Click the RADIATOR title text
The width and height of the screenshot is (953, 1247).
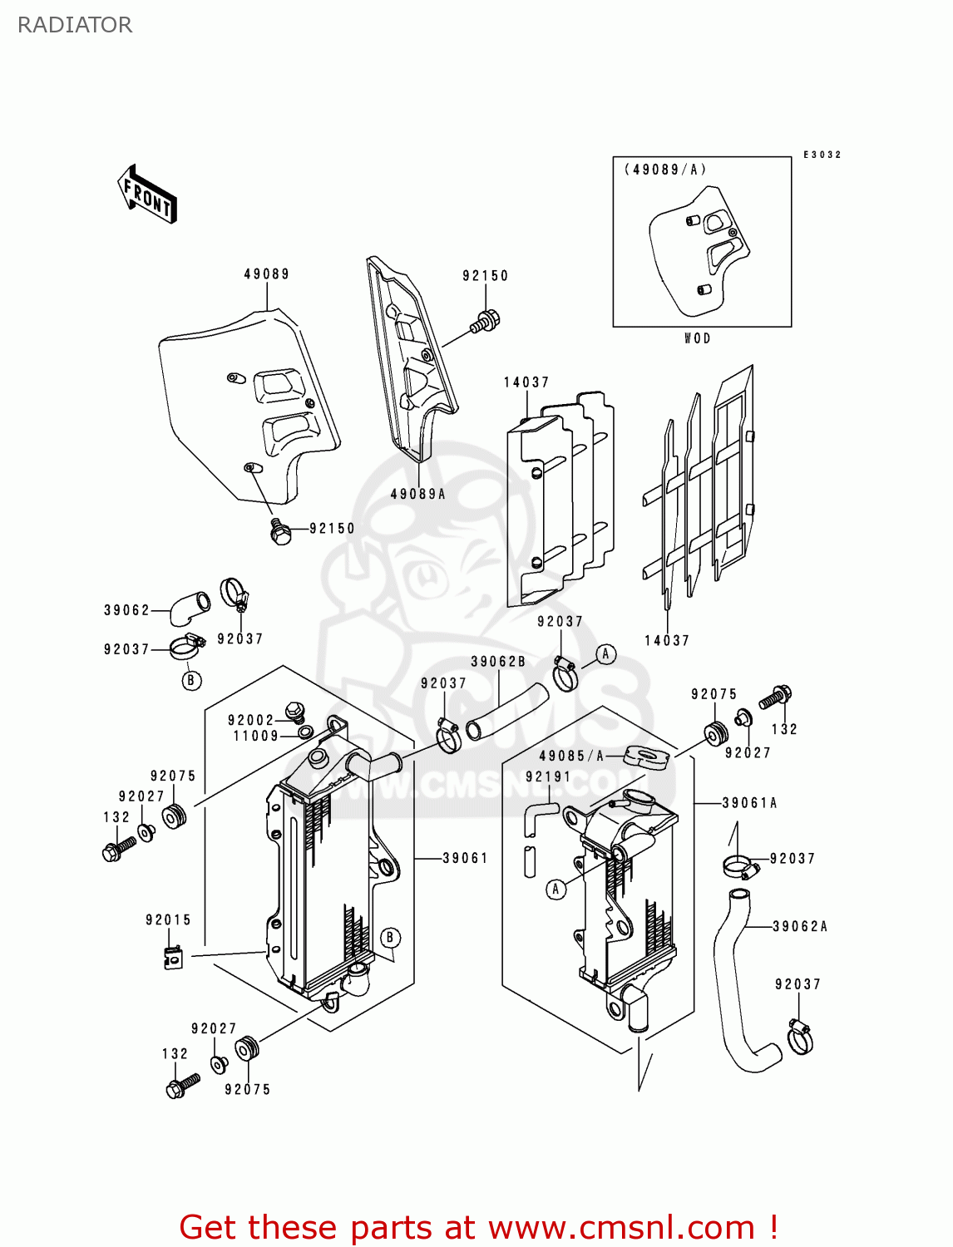click(x=75, y=25)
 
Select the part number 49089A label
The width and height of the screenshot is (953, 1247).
click(x=418, y=494)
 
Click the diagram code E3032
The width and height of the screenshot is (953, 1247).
click(x=822, y=155)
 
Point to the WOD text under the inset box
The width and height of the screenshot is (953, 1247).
click(x=697, y=338)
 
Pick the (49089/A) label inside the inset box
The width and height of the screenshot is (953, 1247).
click(x=665, y=170)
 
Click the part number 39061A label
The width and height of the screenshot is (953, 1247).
click(x=749, y=803)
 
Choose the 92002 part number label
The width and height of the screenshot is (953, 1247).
click(x=251, y=721)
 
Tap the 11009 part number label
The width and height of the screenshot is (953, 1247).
click(x=255, y=736)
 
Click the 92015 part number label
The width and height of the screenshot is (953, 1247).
click(x=169, y=919)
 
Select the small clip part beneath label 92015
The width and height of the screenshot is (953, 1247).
click(x=173, y=958)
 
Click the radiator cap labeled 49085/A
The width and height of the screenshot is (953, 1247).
click(x=647, y=757)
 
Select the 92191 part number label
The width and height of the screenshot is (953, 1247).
click(x=548, y=776)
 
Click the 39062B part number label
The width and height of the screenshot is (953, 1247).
click(x=498, y=662)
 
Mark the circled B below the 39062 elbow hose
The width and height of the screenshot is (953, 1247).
click(x=191, y=680)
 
